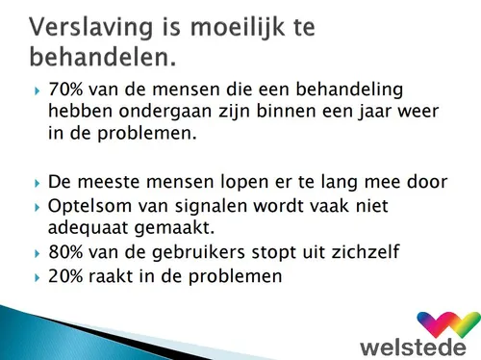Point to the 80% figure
[x=67, y=253]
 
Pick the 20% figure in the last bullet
[x=67, y=277]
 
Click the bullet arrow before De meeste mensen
[x=37, y=182]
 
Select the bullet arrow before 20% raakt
[x=37, y=277]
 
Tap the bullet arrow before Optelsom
[x=37, y=206]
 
